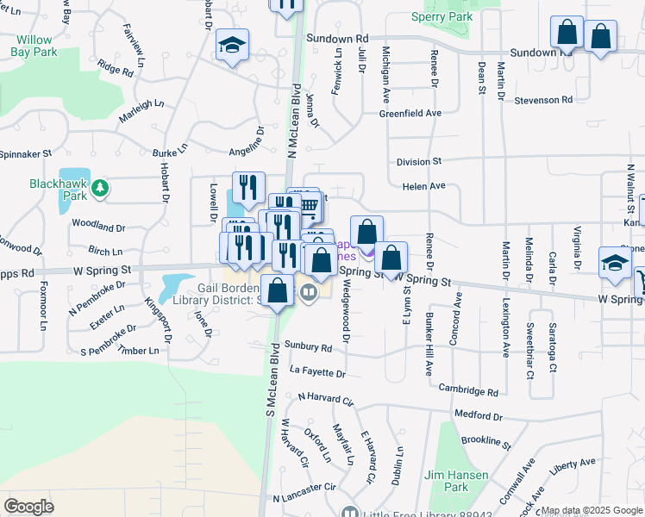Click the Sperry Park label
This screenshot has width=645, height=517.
pos(441,16)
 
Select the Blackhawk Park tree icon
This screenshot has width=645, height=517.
pos(101,186)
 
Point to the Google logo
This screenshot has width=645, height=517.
pos(28,506)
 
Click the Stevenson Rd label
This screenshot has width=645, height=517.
pos(543,100)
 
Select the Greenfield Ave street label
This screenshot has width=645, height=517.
pos(410,113)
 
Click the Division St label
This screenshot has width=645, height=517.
pos(419,161)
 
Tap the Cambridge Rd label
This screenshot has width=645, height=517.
pos(468,390)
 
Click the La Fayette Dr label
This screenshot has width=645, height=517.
pos(317,373)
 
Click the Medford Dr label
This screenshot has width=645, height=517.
pos(476,414)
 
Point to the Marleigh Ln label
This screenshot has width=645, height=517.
pos(141,109)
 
